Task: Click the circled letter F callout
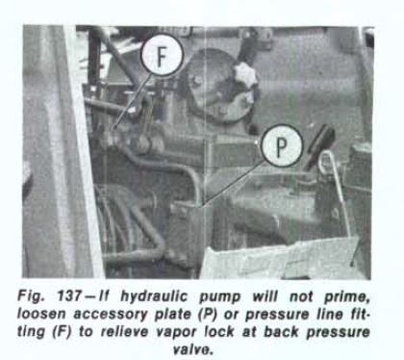coord(163,55)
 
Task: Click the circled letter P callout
coord(282,145)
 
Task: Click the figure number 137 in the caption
coord(69,296)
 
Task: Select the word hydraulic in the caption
coord(153,296)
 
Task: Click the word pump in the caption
coord(219,297)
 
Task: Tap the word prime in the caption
coord(347,297)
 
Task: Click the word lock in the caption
coord(219,331)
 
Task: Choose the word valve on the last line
coord(193,348)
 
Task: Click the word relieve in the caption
coord(125,331)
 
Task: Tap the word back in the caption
coord(282,331)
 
